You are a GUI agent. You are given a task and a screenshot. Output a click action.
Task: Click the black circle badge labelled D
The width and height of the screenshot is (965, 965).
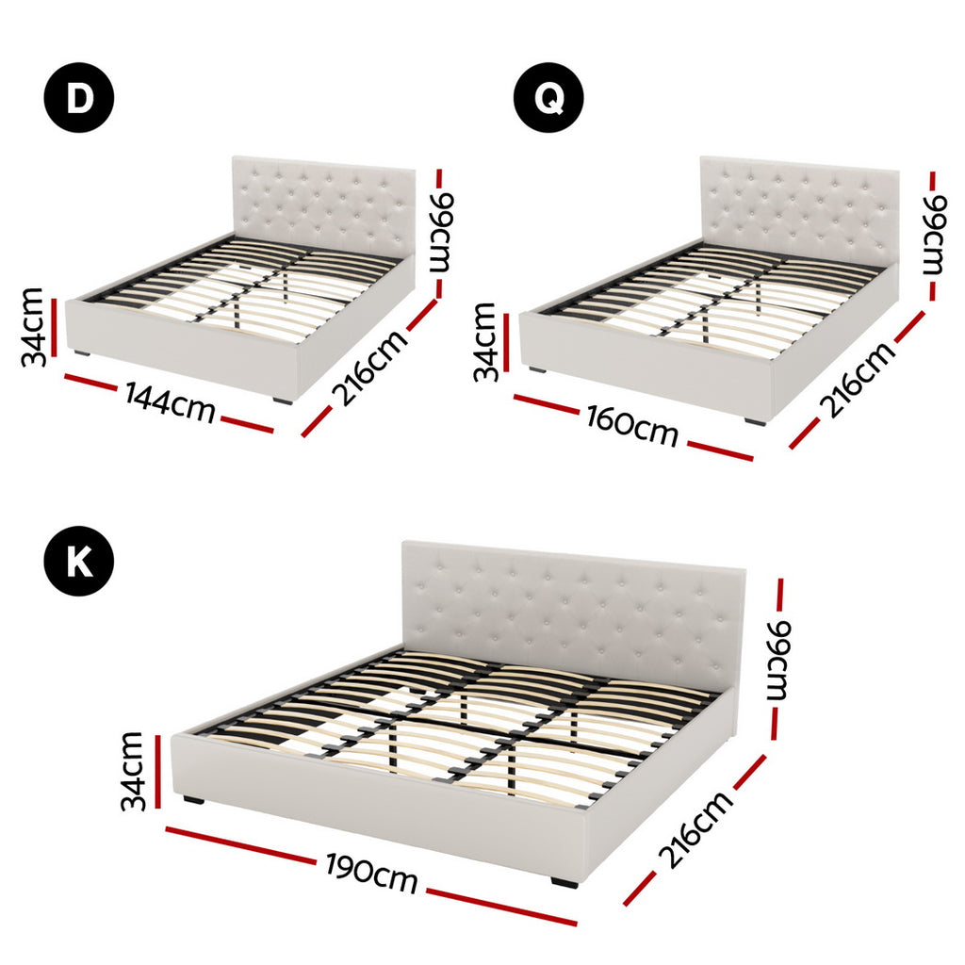coord(79,98)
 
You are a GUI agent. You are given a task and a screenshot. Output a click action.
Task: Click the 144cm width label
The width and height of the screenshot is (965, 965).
coord(170,404)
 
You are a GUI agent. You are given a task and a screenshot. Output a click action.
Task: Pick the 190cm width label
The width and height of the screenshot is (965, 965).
coord(372,874)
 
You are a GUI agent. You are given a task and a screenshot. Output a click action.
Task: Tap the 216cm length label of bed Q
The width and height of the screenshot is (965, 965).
coord(857,380)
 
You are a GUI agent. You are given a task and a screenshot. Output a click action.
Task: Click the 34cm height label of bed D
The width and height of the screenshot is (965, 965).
coord(33,326)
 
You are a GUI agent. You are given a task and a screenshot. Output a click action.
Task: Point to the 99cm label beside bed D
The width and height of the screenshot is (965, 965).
coord(441,232)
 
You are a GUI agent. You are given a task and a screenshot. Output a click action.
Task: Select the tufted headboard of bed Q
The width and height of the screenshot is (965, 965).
coord(798,209)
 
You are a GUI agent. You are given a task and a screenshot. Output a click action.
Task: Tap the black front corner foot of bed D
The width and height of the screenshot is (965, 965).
coord(283,401)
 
